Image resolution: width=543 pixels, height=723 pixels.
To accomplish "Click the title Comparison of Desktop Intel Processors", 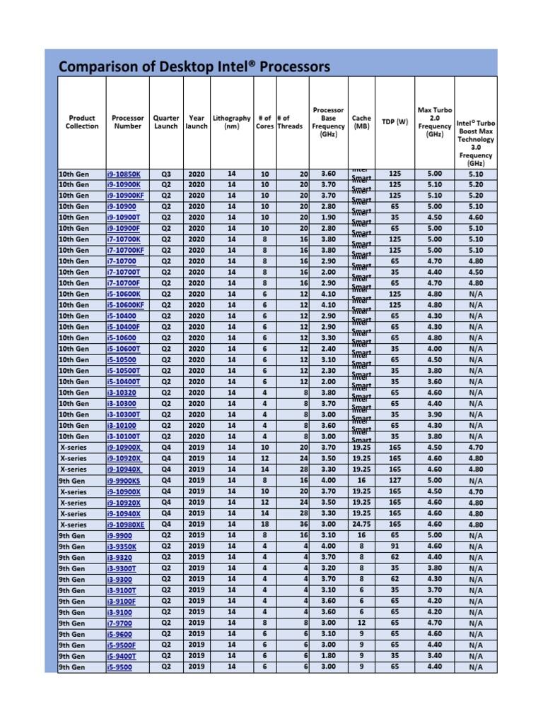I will coord(194,67).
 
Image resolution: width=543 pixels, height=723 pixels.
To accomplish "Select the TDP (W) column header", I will coord(395,121).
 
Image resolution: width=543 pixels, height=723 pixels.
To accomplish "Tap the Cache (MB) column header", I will coord(361,122).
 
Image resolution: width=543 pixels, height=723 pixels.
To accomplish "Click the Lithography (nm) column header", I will coord(231,122).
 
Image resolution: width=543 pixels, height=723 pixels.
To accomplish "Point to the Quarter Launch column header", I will coord(166,122).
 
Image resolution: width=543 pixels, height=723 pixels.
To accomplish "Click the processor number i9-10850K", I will coord(124,174).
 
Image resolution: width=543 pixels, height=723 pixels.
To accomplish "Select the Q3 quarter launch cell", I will coord(166,174).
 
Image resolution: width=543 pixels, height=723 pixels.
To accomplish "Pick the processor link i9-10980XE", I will coord(126,525).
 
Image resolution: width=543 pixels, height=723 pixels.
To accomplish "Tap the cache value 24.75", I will coord(361,525).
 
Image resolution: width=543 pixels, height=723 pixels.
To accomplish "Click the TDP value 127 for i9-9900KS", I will coord(395,481).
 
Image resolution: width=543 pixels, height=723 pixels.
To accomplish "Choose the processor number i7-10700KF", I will coord(126,250).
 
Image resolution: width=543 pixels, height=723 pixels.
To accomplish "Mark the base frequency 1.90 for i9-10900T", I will coord(329,217).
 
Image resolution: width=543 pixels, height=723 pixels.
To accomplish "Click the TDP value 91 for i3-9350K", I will coord(395,546).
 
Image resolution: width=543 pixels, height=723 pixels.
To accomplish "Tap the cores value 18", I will coord(264,525).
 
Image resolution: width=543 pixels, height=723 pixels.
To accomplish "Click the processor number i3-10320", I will coord(122,393).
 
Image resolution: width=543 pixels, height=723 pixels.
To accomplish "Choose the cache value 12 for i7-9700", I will coord(361,623).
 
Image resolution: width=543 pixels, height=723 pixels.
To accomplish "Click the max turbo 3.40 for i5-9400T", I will coord(434,656).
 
